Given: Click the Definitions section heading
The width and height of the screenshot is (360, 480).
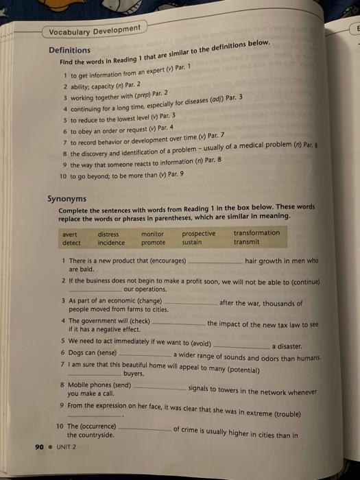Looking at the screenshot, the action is tap(69, 50).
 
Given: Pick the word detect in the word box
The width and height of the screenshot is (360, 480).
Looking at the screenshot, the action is tap(71, 243).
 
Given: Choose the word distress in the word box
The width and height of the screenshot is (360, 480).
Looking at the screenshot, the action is tap(108, 234).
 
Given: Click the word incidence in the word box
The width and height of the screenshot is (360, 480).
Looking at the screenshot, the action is tap(111, 243).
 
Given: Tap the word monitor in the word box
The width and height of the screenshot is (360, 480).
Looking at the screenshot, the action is tap(152, 234).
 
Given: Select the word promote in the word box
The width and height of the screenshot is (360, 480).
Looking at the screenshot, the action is tap(153, 243).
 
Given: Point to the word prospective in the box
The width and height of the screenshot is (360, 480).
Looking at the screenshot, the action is tap(199, 233).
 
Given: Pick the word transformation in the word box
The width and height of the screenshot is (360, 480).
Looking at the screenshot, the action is tap(256, 232).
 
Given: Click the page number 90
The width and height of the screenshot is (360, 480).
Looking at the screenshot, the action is tap(38, 446).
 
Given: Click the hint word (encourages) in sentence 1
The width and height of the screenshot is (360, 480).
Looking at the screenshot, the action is tap(162, 261).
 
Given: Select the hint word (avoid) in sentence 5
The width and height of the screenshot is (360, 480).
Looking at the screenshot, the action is tap(198, 343).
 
